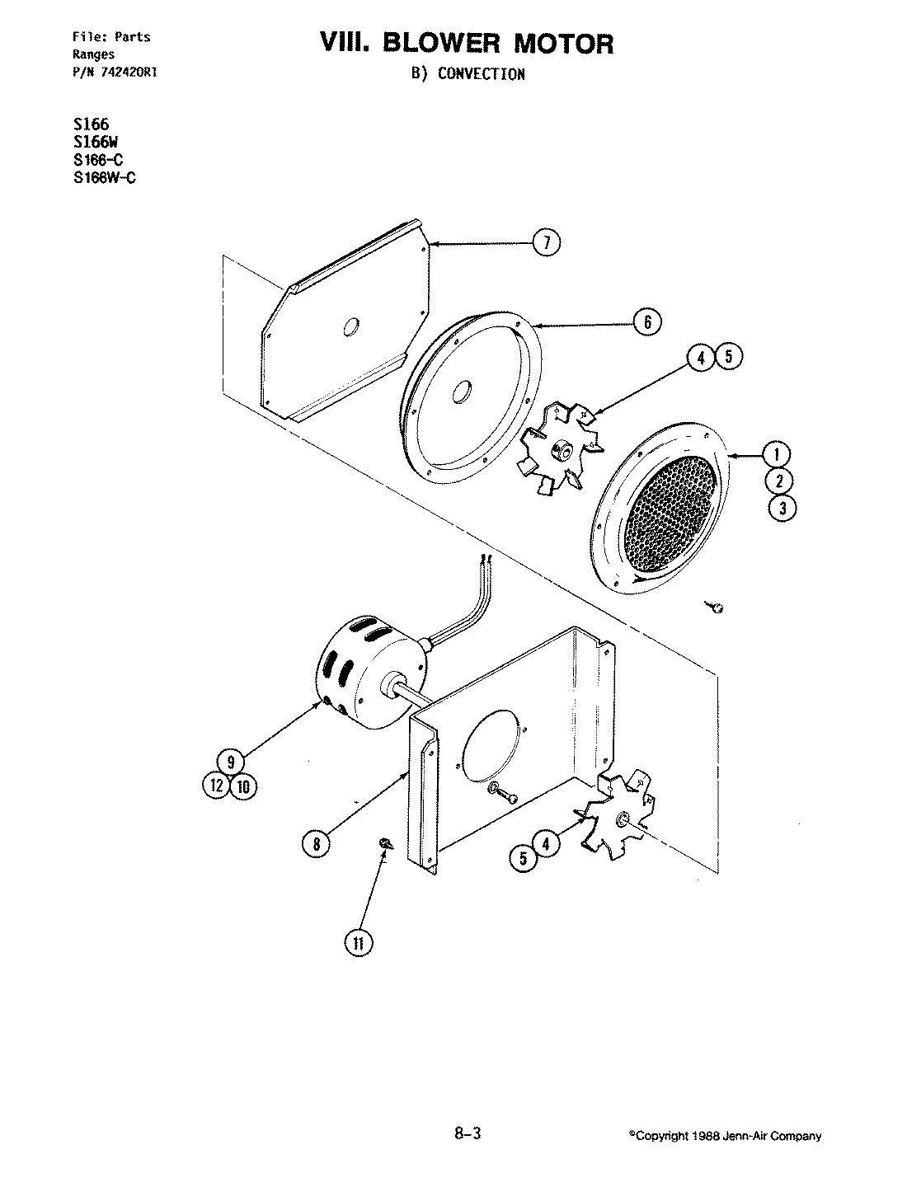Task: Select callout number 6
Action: [647, 321]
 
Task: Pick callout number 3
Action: [782, 508]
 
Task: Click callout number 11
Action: [359, 943]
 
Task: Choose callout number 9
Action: [232, 761]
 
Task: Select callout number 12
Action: [215, 786]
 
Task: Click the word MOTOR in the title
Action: [561, 44]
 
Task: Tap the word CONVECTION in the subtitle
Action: [481, 74]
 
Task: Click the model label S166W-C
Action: [105, 177]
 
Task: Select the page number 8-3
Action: [466, 1134]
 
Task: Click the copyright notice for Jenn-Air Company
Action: [726, 1136]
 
